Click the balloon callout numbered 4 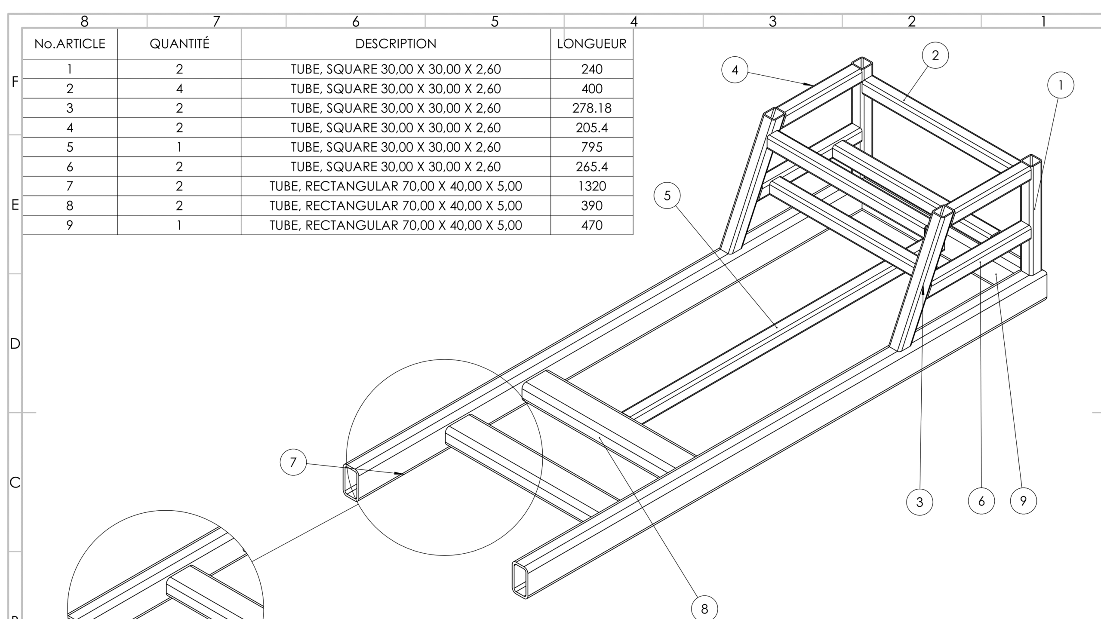735,70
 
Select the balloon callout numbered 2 935,55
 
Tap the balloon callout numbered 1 1061,85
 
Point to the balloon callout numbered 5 667,196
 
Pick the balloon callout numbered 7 293,462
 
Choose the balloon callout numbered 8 704,608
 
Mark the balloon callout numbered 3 920,502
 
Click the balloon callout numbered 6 981,501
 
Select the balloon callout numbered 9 1023,500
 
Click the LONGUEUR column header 592,44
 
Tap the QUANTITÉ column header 179,44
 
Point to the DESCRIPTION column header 396,44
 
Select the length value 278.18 592,108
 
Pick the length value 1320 592,186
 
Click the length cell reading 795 592,147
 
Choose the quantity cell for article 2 179,89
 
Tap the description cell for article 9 396,225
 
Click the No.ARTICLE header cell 70,44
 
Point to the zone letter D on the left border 15,343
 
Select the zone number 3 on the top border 772,21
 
